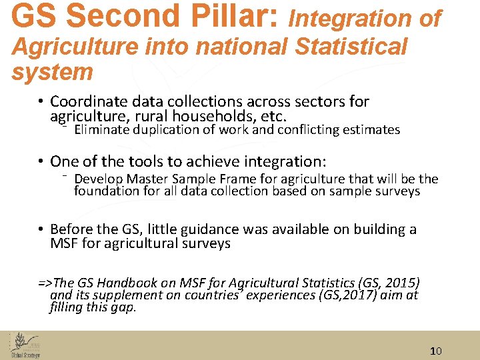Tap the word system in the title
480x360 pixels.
pos(52,71)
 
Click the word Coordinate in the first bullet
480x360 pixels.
pos(89,101)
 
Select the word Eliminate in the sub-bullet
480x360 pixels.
pos(102,130)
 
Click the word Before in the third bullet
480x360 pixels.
pos(71,229)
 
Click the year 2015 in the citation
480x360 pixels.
pos(403,282)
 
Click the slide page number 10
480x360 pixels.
pos(435,351)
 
